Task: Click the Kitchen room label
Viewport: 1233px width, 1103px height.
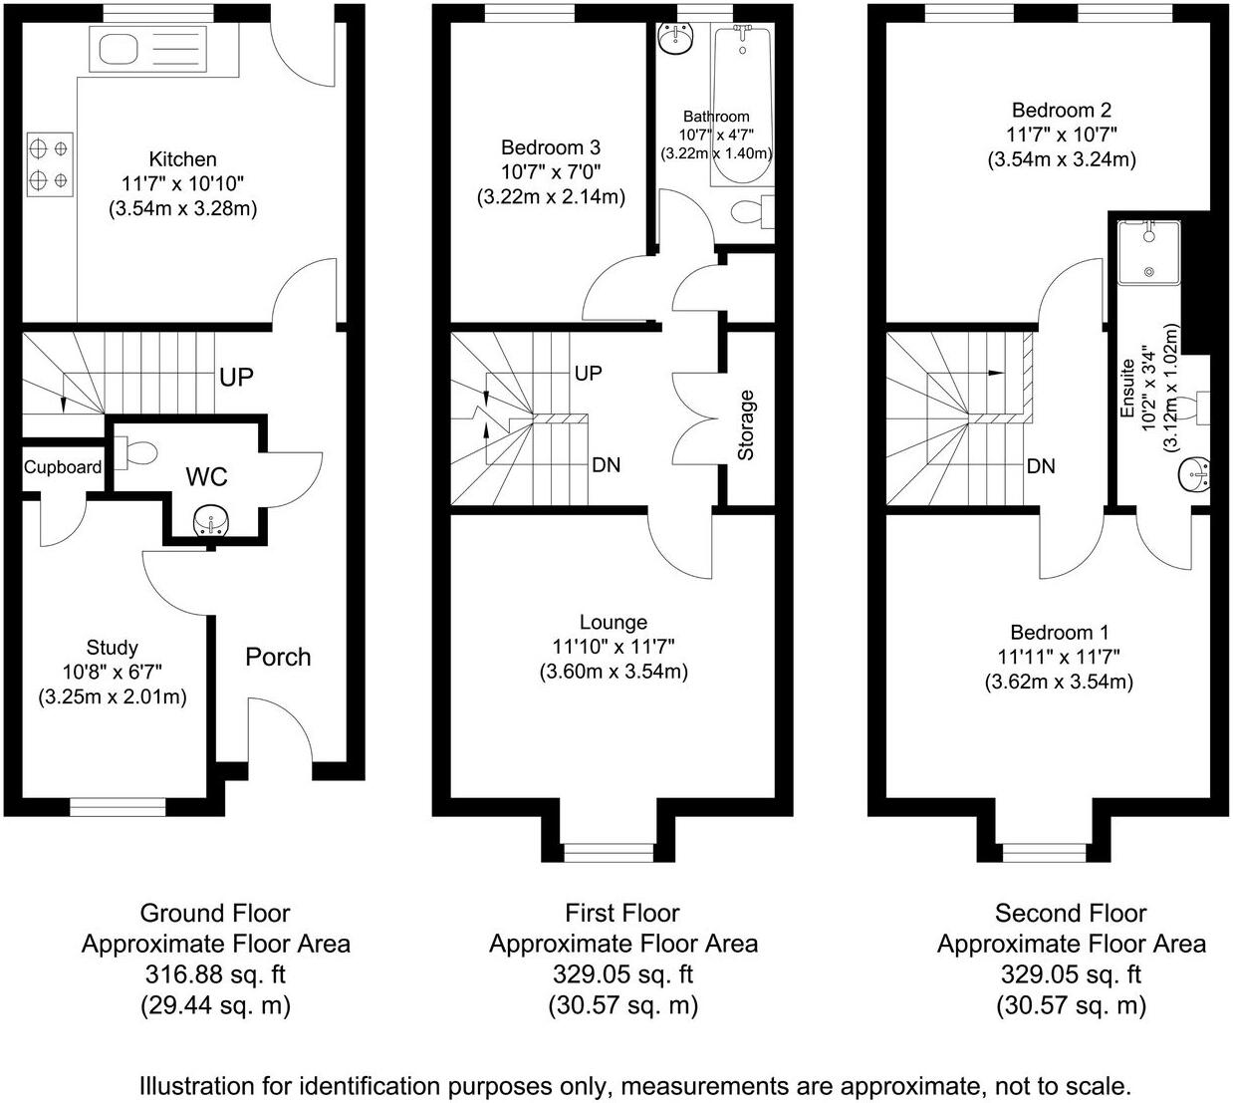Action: click(x=182, y=159)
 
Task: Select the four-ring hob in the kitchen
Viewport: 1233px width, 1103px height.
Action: click(x=50, y=164)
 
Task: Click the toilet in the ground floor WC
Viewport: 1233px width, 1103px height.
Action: click(x=136, y=452)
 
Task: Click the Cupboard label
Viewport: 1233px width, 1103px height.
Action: click(x=63, y=467)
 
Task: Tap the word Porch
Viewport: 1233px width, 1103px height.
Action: click(x=278, y=658)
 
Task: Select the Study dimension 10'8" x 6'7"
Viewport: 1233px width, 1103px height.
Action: click(x=113, y=672)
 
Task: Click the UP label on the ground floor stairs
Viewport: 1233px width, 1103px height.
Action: click(x=236, y=378)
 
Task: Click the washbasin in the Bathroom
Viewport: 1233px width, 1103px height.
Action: click(x=675, y=40)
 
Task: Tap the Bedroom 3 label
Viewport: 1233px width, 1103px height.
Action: click(x=551, y=147)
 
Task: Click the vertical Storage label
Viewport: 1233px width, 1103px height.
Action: click(x=746, y=425)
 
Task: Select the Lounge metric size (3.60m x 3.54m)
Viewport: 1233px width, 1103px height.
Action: click(x=614, y=672)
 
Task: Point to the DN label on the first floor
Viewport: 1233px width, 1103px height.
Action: click(x=607, y=465)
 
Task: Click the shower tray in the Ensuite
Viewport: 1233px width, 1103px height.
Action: click(x=1149, y=252)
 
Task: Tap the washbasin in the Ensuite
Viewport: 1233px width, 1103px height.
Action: click(x=1194, y=475)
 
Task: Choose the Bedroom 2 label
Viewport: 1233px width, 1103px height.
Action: click(x=1062, y=111)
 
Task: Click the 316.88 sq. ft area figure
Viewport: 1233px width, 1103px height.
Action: click(x=215, y=975)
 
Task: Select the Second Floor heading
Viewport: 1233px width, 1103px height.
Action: click(x=1071, y=914)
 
